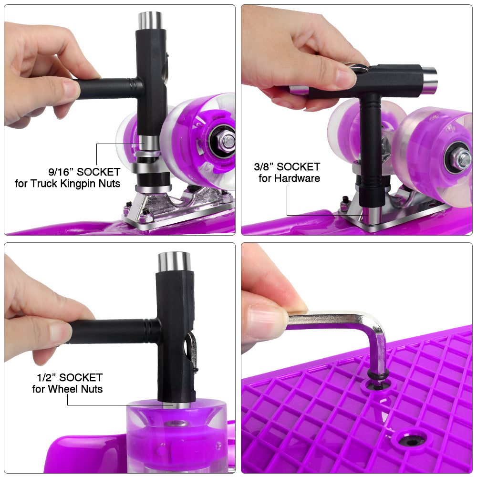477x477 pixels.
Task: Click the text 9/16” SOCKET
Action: pyautogui.click(x=84, y=172)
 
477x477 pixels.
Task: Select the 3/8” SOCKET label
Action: pyautogui.click(x=287, y=166)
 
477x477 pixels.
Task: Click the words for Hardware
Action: pyautogui.click(x=290, y=178)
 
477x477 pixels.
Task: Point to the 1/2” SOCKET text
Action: pyautogui.click(x=70, y=377)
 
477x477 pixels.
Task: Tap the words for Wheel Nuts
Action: pyautogui.click(x=68, y=389)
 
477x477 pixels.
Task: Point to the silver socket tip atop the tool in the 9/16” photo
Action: pyautogui.click(x=150, y=21)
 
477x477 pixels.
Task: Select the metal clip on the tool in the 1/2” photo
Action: pyautogui.click(x=191, y=351)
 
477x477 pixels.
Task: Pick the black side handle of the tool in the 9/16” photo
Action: pyautogui.click(x=106, y=89)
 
